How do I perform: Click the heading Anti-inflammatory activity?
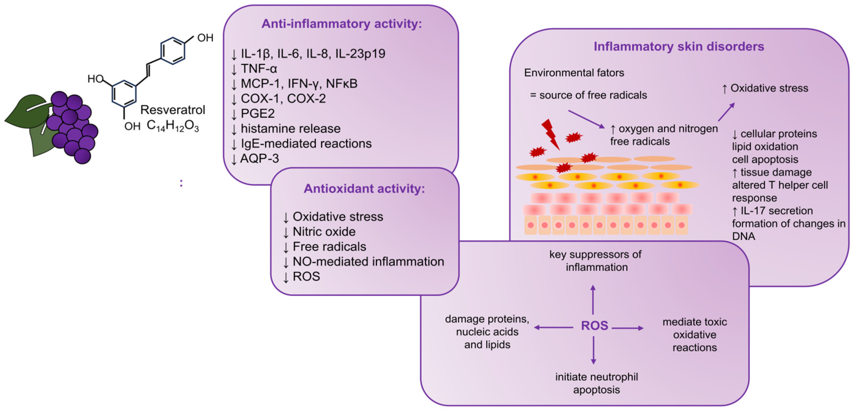[341, 24]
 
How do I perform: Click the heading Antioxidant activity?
[364, 189]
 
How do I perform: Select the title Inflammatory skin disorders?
[679, 46]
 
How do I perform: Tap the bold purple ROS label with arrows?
[594, 326]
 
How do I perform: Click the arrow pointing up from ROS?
[593, 300]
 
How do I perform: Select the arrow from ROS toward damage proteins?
[553, 327]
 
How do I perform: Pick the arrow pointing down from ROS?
[593, 350]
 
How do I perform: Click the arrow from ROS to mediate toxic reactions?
[627, 328]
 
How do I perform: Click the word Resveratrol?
[173, 110]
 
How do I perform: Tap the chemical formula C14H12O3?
[173, 126]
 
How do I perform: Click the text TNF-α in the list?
[259, 69]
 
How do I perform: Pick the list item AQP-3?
[259, 159]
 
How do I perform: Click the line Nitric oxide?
[324, 231]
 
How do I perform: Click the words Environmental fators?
[574, 73]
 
